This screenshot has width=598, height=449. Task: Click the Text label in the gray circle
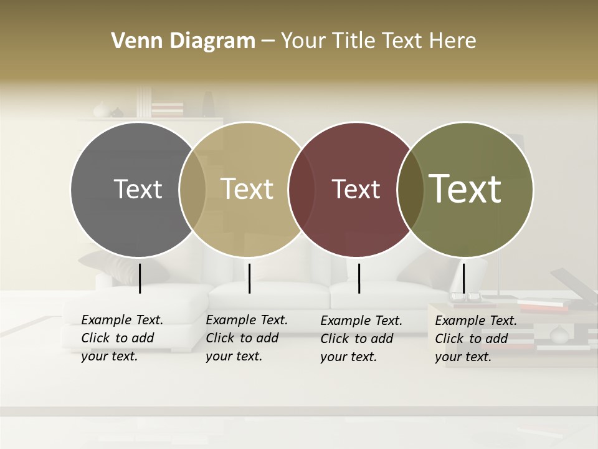pyautogui.click(x=138, y=189)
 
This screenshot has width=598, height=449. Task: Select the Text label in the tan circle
pyautogui.click(x=247, y=189)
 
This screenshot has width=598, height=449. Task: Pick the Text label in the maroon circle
pyautogui.click(x=356, y=189)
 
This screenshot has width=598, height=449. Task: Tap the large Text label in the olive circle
pyautogui.click(x=465, y=188)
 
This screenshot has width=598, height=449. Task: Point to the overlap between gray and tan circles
pyautogui.click(x=192, y=190)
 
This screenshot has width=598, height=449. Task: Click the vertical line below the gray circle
pyautogui.click(x=140, y=278)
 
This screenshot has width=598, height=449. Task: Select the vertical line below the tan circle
pyautogui.click(x=249, y=278)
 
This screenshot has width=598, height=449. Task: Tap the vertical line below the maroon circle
pyautogui.click(x=359, y=278)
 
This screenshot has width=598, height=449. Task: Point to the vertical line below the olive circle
pyautogui.click(x=464, y=278)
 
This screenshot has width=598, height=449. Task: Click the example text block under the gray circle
pyautogui.click(x=122, y=338)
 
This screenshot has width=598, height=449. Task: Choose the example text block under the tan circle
pyautogui.click(x=247, y=338)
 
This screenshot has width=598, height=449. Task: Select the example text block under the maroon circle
pyautogui.click(x=361, y=339)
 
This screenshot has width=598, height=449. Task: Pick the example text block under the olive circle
pyautogui.click(x=476, y=339)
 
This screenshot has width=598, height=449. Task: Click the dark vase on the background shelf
pyautogui.click(x=207, y=104)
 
